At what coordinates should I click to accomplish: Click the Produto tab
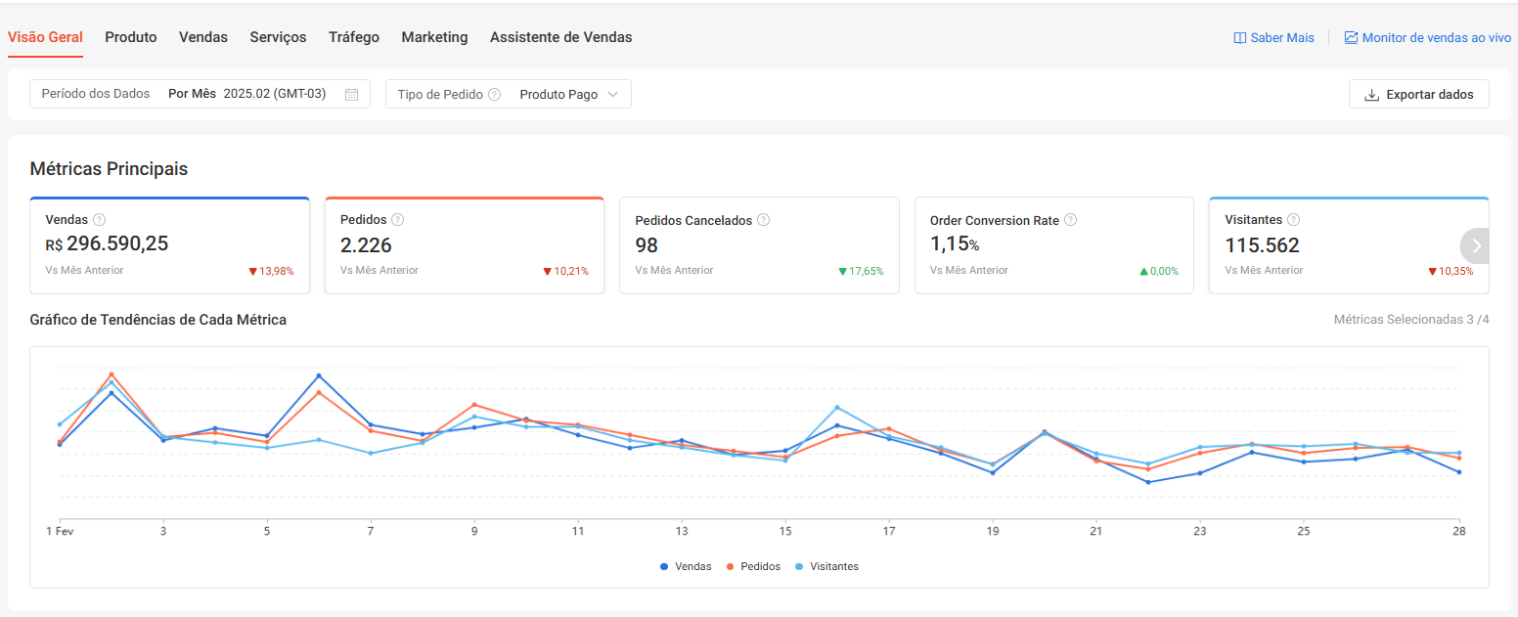click(x=131, y=37)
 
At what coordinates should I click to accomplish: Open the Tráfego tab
click(x=354, y=37)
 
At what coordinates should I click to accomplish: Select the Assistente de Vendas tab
click(x=560, y=37)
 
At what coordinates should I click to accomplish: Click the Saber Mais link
click(x=1273, y=38)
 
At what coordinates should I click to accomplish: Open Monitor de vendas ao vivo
click(x=1427, y=38)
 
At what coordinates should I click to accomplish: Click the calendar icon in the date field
click(x=352, y=95)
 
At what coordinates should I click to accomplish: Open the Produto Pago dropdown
click(x=568, y=95)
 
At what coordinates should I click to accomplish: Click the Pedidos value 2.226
click(x=366, y=245)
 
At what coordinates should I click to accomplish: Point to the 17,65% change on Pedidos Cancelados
click(x=861, y=271)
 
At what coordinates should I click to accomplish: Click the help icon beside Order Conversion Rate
click(x=1070, y=220)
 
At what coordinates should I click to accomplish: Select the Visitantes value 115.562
click(x=1262, y=245)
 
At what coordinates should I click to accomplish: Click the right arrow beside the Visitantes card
click(x=1476, y=245)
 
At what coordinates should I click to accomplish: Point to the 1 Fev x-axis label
click(x=61, y=531)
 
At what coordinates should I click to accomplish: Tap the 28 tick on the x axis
click(x=1458, y=531)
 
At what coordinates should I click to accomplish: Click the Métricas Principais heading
click(x=109, y=169)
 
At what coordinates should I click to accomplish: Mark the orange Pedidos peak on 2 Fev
click(x=112, y=374)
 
